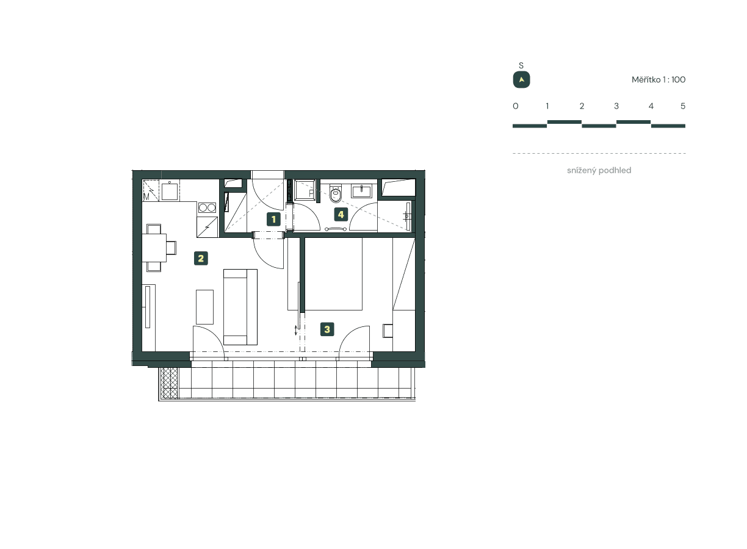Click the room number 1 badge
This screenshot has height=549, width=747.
(x=274, y=219)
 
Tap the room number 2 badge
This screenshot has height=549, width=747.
(x=201, y=258)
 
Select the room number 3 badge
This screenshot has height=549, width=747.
(x=327, y=330)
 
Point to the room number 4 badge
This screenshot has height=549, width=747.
(x=341, y=214)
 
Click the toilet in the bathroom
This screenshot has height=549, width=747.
(x=335, y=194)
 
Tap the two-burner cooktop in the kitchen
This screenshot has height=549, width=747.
(x=208, y=207)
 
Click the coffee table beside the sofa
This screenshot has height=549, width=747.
(x=204, y=307)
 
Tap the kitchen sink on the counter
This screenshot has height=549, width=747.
(x=170, y=191)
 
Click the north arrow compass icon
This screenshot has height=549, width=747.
(x=521, y=80)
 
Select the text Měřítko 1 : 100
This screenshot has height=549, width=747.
(x=659, y=80)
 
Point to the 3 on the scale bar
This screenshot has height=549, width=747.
(x=616, y=106)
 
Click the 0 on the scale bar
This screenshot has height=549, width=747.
(x=516, y=106)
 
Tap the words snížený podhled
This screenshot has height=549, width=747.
(x=599, y=171)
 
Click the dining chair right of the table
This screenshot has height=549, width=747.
(x=171, y=248)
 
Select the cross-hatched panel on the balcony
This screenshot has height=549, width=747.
(x=169, y=383)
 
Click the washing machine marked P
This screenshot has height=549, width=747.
(x=303, y=190)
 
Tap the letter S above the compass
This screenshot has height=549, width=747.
(x=521, y=65)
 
